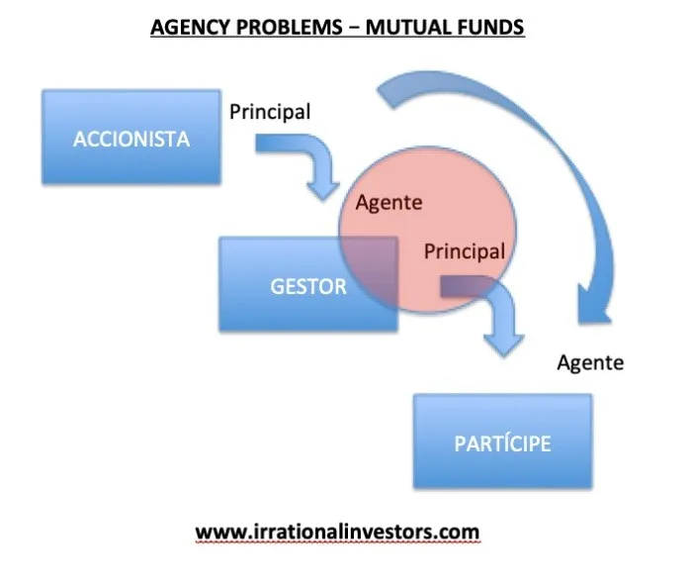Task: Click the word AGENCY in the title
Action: point(191,27)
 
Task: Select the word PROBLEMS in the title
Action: point(290,27)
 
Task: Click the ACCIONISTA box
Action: point(131,137)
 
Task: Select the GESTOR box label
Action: point(308,287)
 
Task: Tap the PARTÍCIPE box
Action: point(502,441)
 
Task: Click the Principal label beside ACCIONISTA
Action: point(270,112)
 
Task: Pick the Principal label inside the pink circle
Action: point(465,251)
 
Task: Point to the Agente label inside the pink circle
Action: point(389,203)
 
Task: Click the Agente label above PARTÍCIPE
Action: point(590,363)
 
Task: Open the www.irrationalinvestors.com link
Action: point(338,532)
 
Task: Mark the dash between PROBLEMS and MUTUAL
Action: point(354,28)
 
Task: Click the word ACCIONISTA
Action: point(131,140)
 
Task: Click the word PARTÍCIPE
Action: point(502,443)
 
